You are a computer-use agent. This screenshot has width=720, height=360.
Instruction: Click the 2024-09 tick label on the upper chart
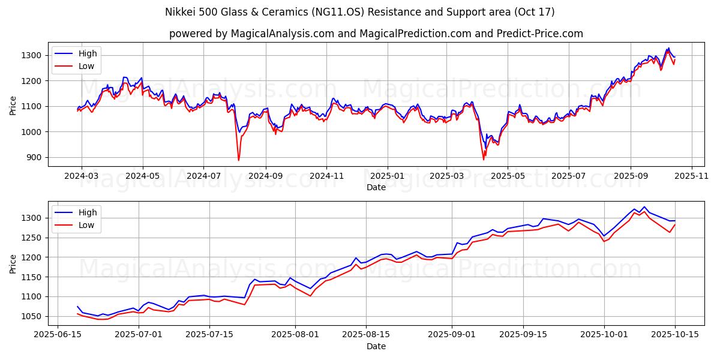click(x=265, y=177)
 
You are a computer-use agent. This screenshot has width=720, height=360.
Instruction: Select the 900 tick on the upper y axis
click(x=34, y=157)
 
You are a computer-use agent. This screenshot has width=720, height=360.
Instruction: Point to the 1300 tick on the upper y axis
click(x=31, y=55)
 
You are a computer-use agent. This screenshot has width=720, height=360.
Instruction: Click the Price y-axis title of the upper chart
click(x=13, y=105)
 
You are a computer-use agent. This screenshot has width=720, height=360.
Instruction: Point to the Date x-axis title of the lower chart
click(x=376, y=346)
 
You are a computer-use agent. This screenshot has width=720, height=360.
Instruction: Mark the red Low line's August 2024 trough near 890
click(x=238, y=160)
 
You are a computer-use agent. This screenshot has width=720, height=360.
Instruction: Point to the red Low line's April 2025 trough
click(x=483, y=160)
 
